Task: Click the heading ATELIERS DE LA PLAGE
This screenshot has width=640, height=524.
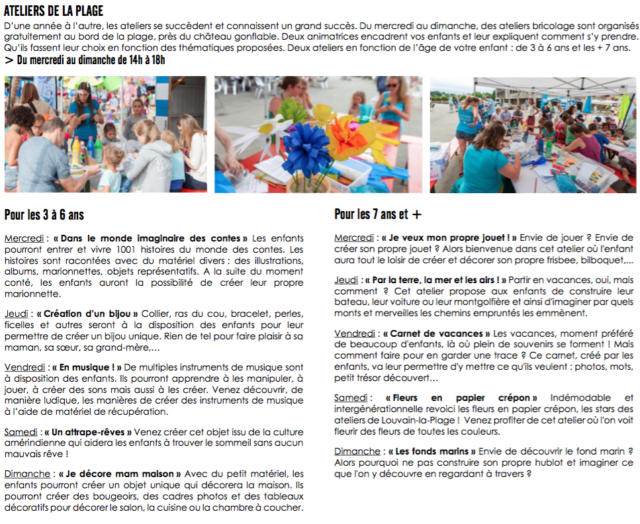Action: tap(53, 11)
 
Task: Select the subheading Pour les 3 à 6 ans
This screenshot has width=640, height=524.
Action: tap(44, 215)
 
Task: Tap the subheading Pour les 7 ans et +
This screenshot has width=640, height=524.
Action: tap(377, 214)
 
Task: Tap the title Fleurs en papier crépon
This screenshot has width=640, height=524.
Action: tap(461, 398)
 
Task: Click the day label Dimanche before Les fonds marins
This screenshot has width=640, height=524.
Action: tap(357, 451)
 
